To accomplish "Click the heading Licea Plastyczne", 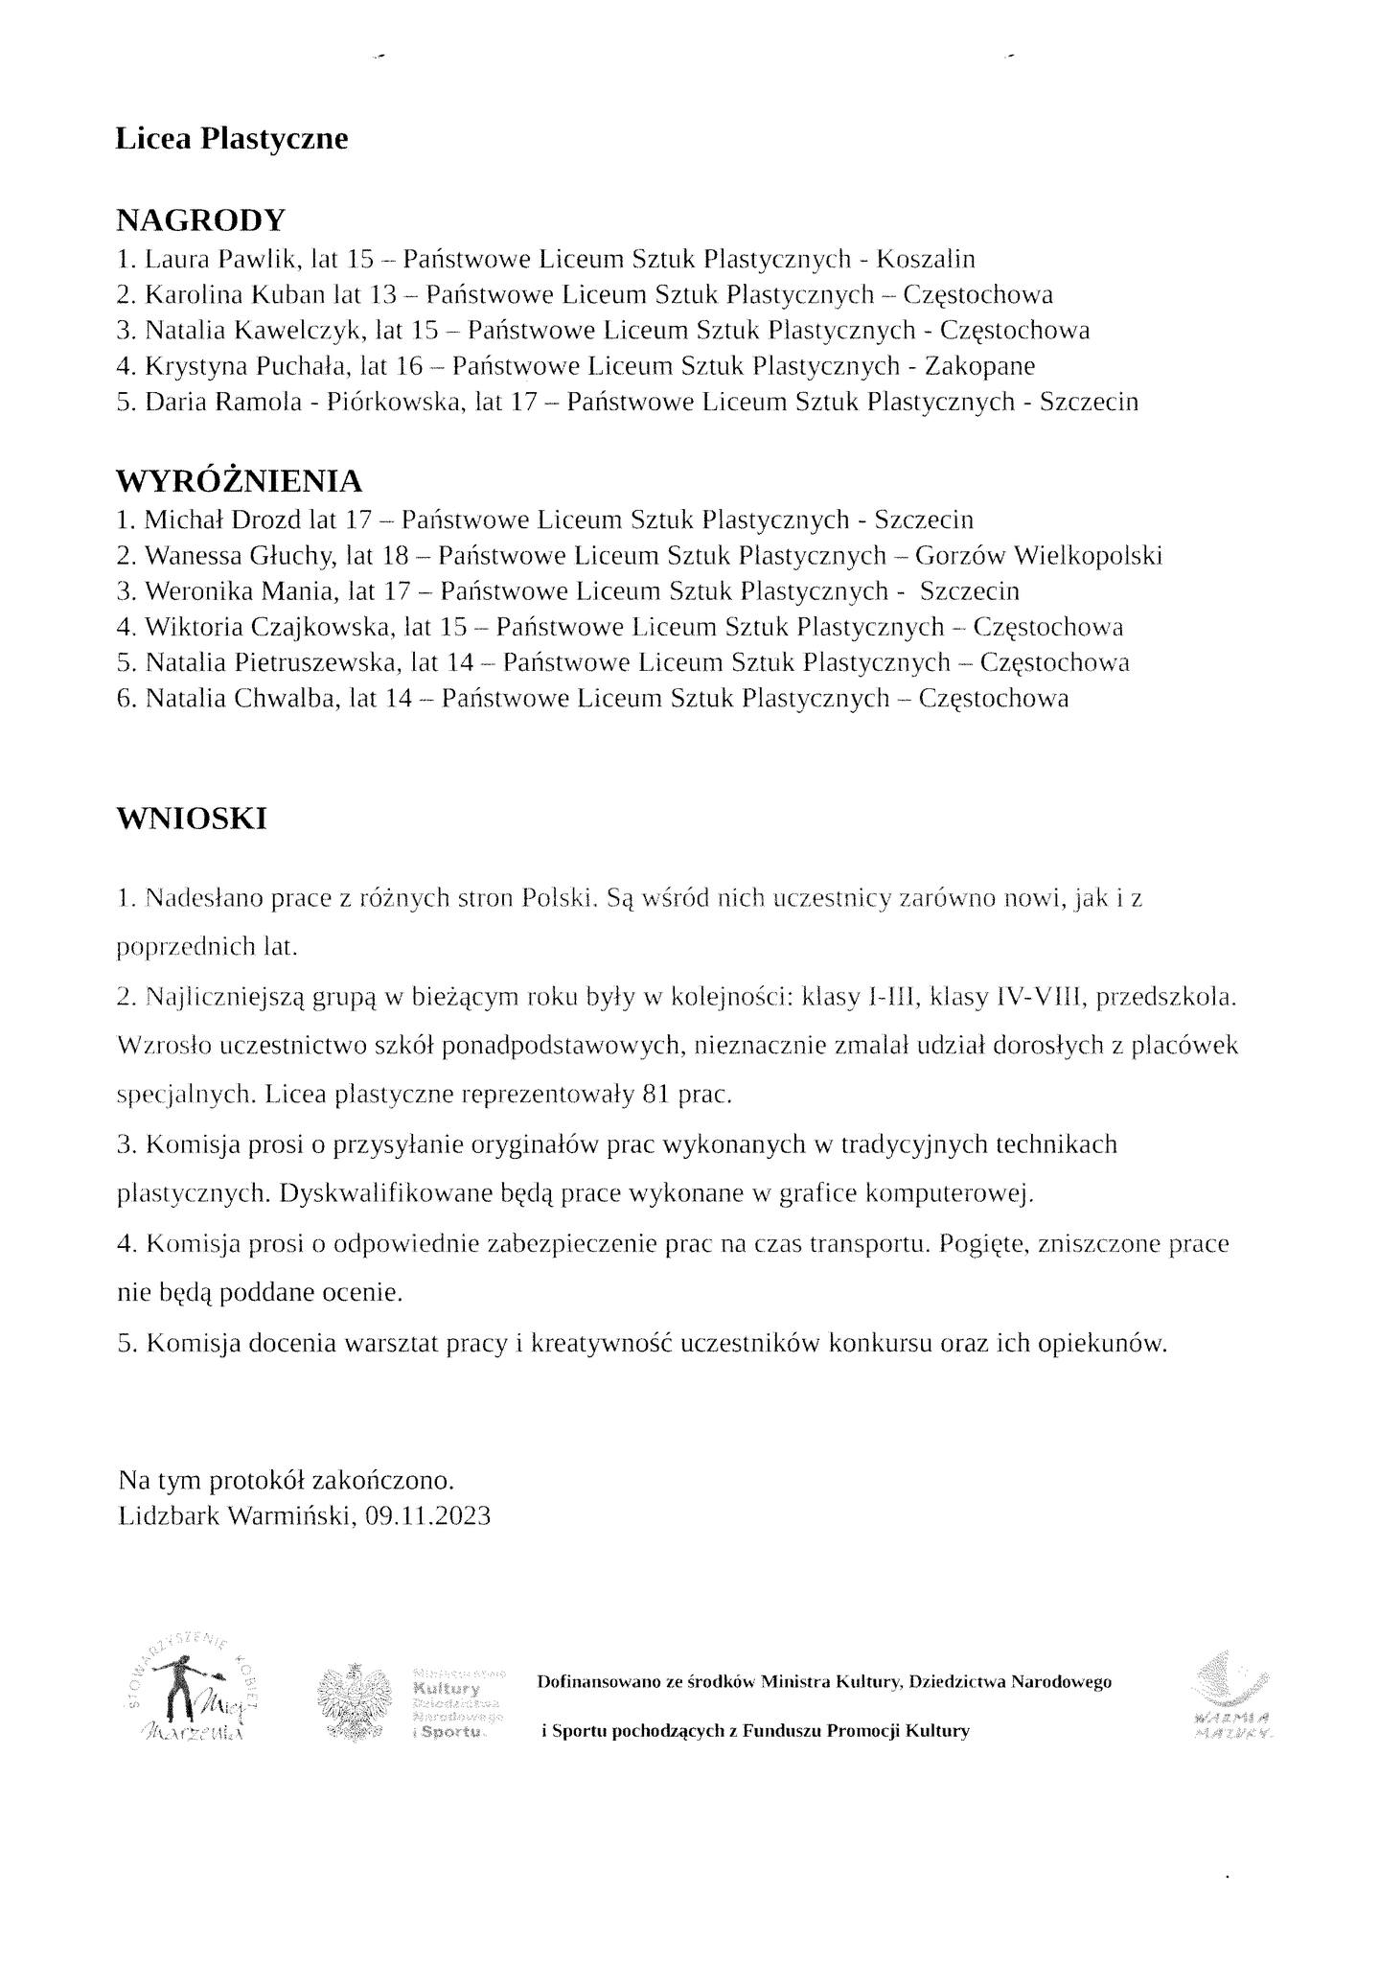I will (231, 140).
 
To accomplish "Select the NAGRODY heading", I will (200, 220).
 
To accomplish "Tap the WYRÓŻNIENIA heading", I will (239, 480).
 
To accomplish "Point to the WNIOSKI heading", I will (191, 819).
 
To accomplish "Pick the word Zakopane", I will (979, 366).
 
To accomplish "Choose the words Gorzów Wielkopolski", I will (1039, 556).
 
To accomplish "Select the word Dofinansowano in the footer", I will (592, 1682).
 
